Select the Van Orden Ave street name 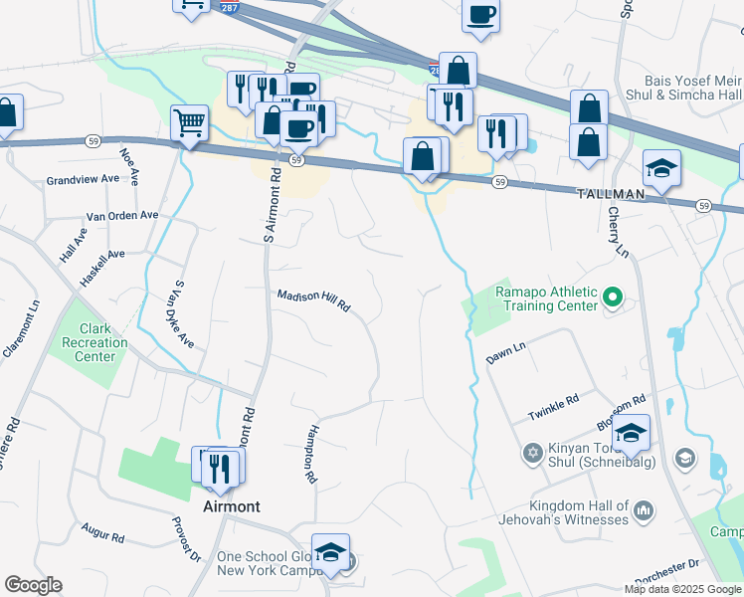point(122,215)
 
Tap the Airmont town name point(231,506)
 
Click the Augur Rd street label point(103,536)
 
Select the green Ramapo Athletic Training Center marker point(613,298)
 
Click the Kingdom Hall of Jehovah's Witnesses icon point(643,511)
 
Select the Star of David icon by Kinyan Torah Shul point(532,454)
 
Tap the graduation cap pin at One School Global point(330,553)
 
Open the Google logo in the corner point(33,585)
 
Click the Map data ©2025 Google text point(682,589)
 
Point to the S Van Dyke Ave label point(183,312)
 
